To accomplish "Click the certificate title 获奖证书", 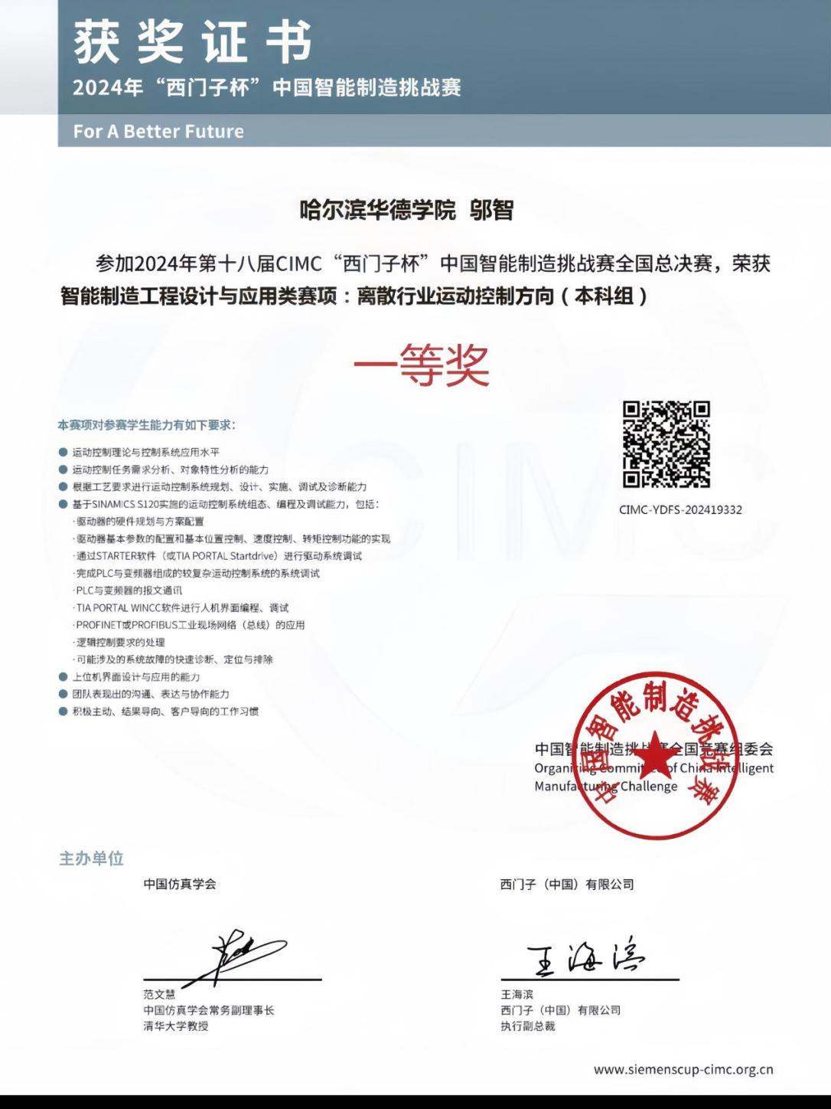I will tap(192, 42).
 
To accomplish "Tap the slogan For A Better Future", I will tap(158, 131).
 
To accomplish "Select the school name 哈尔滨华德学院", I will tap(377, 210).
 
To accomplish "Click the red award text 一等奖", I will tap(421, 366).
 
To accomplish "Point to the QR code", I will tap(666, 444).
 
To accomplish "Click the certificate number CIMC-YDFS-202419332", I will tap(680, 509).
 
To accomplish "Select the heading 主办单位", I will tap(92, 858).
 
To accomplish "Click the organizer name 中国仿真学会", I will tap(180, 884).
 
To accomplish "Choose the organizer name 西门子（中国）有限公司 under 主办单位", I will tap(567, 884).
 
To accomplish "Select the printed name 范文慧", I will tap(159, 994).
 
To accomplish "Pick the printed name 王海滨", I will tap(517, 994).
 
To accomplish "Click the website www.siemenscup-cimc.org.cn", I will tap(683, 1070).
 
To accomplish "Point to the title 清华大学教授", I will tap(176, 1026).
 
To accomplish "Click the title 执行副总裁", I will tap(528, 1026).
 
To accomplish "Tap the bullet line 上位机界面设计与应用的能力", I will tap(136, 677).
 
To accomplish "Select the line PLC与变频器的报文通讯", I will tap(129, 590).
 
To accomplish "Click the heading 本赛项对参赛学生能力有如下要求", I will tap(147, 424).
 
